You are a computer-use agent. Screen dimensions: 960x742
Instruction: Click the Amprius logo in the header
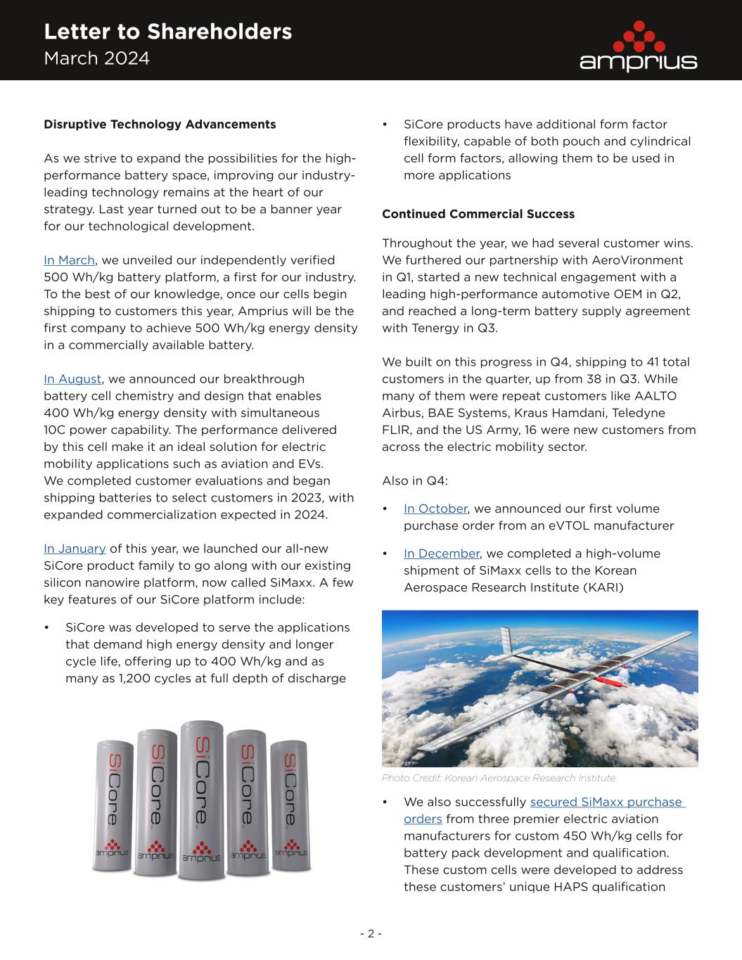point(637,46)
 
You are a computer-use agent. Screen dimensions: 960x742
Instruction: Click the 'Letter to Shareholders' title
point(167,32)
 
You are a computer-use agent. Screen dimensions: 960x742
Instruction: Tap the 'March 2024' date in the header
point(96,58)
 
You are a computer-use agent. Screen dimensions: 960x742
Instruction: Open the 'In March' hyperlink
point(69,260)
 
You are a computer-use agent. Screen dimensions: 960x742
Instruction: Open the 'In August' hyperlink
point(72,379)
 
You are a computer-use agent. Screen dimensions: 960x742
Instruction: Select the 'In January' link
point(75,549)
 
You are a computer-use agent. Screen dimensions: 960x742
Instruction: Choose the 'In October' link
point(435,508)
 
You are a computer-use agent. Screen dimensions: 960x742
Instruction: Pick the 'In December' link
point(441,553)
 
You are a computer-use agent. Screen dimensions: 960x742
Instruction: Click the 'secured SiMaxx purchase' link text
point(606,802)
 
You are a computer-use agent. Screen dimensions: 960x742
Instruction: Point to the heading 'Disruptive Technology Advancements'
point(160,124)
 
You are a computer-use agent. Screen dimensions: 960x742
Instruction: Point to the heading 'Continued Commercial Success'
point(478,214)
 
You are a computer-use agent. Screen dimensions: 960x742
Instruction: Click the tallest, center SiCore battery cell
point(202,800)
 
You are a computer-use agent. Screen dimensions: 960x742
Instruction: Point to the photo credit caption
point(498,778)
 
